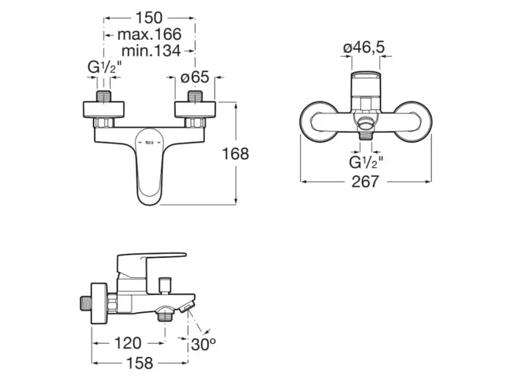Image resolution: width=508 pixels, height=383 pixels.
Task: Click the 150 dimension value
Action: click(x=149, y=18)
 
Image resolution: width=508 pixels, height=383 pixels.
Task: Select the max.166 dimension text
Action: click(x=149, y=34)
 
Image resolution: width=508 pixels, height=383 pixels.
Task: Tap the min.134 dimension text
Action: click(x=151, y=51)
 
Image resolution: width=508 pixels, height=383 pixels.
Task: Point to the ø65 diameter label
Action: click(x=195, y=77)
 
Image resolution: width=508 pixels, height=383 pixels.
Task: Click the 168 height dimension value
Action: click(x=235, y=153)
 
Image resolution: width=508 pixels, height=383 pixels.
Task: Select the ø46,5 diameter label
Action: click(x=364, y=48)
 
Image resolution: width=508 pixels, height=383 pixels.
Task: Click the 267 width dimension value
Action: click(x=365, y=181)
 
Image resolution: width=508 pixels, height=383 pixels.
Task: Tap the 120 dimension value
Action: click(x=128, y=343)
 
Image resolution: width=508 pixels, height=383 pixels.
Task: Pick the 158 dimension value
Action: click(x=139, y=363)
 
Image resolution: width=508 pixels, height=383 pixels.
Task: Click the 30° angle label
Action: click(x=203, y=344)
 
